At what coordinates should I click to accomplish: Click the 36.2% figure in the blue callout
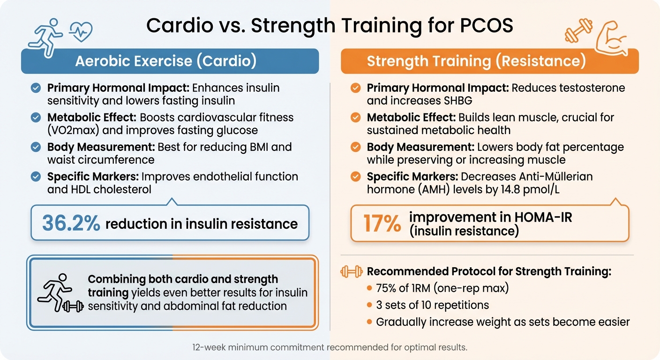pos(71,223)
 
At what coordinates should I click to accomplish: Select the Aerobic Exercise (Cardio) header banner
pos(170,61)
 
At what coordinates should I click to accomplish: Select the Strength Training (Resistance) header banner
pos(489,61)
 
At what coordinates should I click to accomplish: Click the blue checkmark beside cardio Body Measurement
pos(35,147)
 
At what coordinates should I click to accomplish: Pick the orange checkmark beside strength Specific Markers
pos(356,177)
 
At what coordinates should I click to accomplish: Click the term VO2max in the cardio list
pos(75,130)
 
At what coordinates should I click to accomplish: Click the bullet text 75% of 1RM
pos(442,288)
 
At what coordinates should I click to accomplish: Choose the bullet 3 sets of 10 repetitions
pos(432,305)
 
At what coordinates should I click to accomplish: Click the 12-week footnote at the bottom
pos(330,348)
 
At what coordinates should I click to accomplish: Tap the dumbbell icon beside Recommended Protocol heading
pos(350,271)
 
